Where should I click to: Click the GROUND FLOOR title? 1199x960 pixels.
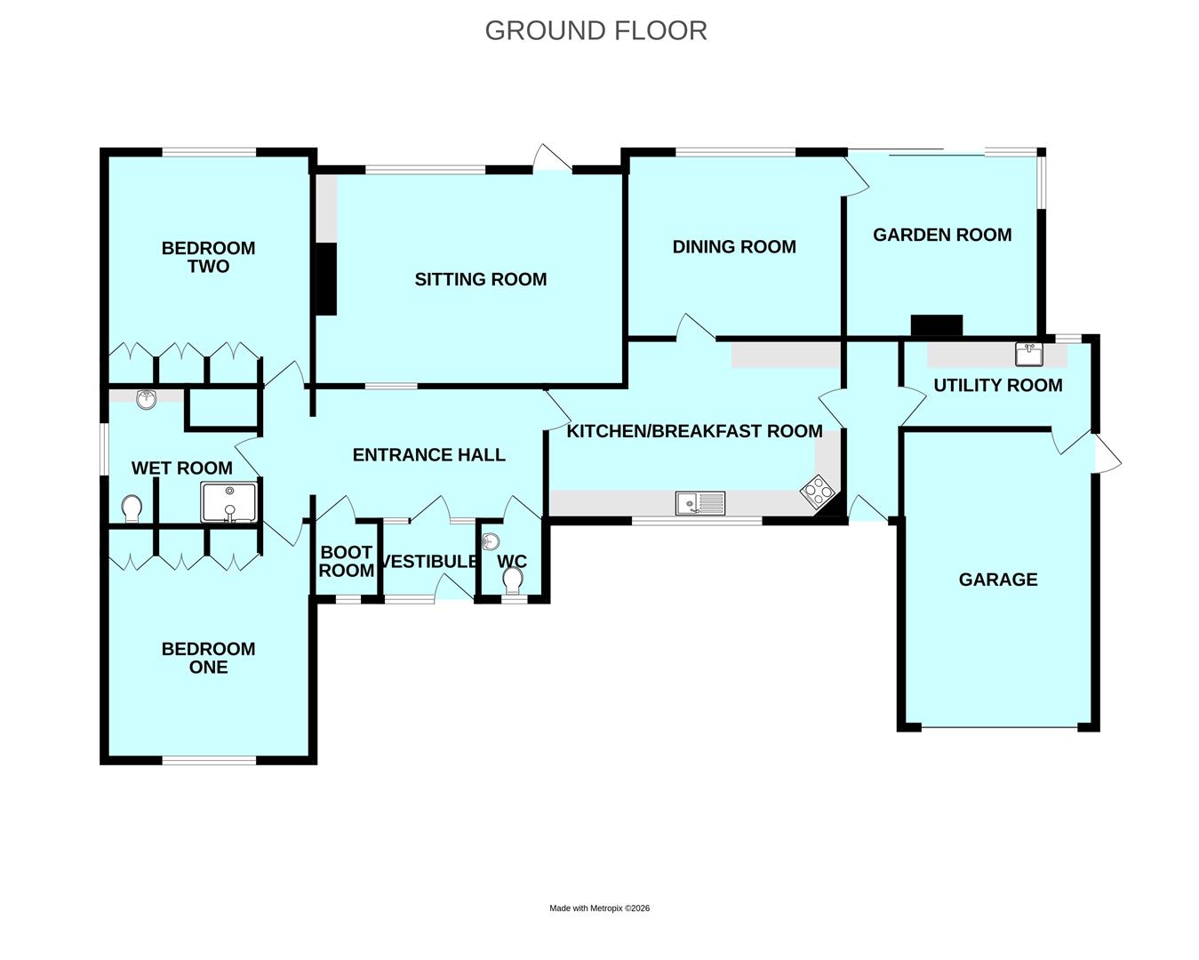point(596,31)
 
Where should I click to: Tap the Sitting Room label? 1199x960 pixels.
point(480,279)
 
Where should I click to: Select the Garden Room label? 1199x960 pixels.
point(942,236)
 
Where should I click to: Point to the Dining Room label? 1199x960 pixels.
point(734,247)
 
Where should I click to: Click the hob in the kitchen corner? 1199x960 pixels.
point(818,492)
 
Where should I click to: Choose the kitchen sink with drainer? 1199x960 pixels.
point(700,503)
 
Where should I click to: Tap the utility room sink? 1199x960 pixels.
point(1028,354)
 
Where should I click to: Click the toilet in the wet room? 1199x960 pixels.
point(132,508)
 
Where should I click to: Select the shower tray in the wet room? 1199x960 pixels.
point(229,502)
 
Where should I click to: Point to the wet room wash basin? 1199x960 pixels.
point(146,398)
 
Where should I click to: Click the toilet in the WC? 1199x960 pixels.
point(512,580)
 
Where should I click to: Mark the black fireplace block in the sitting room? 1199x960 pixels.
point(326,279)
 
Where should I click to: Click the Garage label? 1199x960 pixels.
point(998,580)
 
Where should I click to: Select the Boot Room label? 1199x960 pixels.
point(346,562)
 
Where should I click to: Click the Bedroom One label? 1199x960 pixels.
point(208,658)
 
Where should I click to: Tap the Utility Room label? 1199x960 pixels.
point(998,386)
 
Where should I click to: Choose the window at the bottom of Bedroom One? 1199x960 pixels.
point(209,760)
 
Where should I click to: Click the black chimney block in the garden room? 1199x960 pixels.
point(937,326)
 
